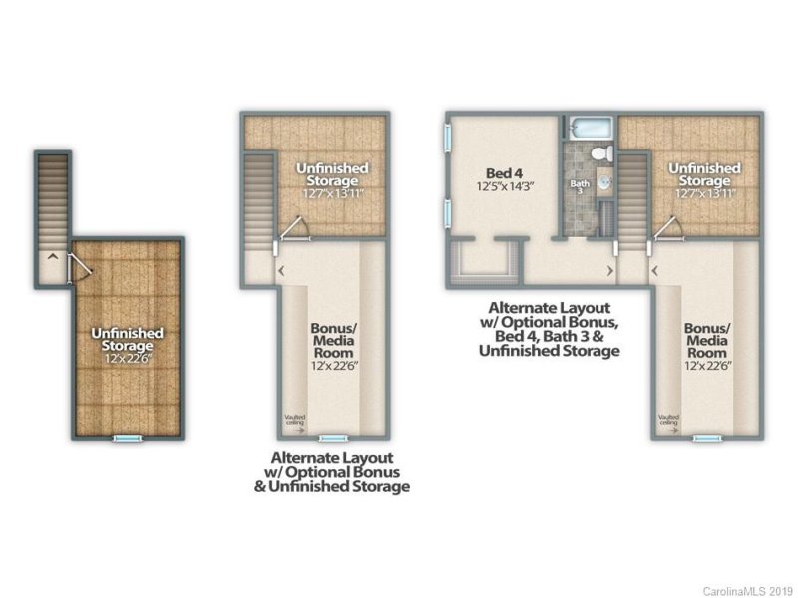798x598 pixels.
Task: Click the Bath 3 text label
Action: [x=580, y=187]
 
